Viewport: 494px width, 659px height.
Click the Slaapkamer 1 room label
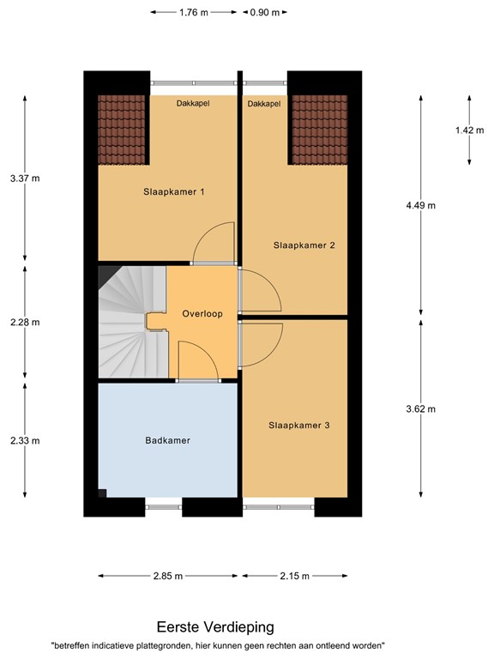point(173,192)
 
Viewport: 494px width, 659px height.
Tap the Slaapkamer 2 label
point(304,245)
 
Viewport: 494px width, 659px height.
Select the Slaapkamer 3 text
point(298,425)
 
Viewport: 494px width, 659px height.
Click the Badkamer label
point(167,440)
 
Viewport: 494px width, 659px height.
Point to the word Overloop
point(202,314)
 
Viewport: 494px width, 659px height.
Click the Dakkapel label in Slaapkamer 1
point(193,104)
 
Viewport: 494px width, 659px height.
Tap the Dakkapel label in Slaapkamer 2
point(264,104)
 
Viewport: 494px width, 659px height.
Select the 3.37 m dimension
point(25,178)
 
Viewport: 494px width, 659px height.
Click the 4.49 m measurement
point(421,205)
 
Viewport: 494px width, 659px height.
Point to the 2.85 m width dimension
point(168,577)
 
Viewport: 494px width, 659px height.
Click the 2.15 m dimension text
point(294,577)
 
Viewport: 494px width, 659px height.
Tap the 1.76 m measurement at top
point(194,12)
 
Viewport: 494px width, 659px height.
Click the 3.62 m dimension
point(421,408)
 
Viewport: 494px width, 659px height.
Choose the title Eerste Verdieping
point(215,627)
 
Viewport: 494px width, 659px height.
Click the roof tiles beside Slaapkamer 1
point(123,129)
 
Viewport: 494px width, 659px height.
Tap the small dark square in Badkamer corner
point(102,493)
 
